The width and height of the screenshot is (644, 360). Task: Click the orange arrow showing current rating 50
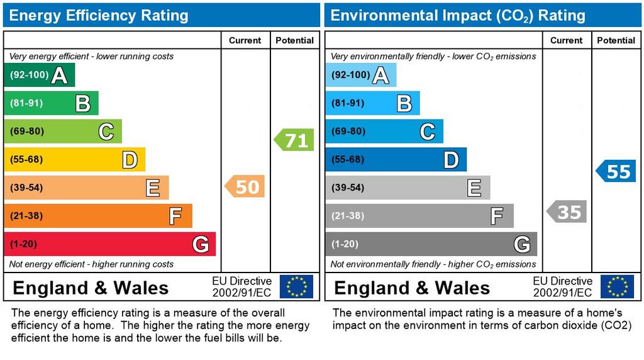tap(245, 186)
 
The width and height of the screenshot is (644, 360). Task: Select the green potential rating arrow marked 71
tap(294, 140)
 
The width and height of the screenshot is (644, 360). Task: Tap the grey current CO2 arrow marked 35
tap(567, 211)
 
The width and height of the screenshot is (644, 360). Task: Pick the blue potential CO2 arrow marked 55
tap(616, 171)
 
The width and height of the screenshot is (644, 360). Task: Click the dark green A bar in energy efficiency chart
tap(39, 75)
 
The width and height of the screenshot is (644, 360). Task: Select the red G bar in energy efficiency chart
tap(109, 244)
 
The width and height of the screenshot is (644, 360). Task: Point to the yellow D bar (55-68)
tap(74, 159)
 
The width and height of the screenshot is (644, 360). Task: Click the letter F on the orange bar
tap(175, 217)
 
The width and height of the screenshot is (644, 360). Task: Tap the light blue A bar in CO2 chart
tap(360, 75)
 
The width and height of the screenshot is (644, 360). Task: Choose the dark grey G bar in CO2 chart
tap(431, 244)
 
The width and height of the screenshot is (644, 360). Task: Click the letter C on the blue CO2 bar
tap(427, 132)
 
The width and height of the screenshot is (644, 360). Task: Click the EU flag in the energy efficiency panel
tap(296, 286)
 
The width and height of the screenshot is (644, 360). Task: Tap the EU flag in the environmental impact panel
tap(617, 286)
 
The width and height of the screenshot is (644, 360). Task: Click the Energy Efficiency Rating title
tap(98, 15)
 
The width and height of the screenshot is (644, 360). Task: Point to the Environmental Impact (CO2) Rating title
tap(458, 15)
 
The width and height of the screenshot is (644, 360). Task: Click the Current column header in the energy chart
tap(245, 40)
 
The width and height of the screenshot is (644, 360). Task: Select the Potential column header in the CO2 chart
tap(616, 40)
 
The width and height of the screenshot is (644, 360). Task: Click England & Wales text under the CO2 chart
tap(412, 288)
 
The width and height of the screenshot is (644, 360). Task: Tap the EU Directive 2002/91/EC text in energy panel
tap(241, 286)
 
